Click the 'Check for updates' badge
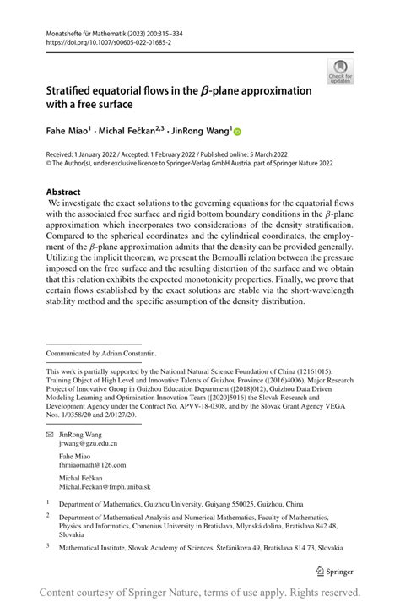point(340,72)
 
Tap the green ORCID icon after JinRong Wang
point(237,133)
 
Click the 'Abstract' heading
point(63,192)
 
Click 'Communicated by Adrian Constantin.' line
point(101,353)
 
